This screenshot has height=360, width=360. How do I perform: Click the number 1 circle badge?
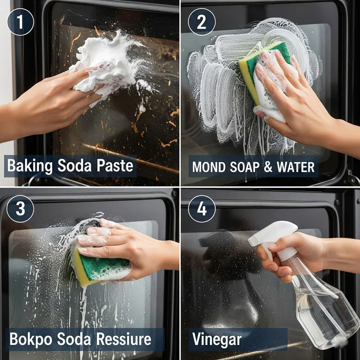(20, 22)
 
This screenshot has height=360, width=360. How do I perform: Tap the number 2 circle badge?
(202, 22)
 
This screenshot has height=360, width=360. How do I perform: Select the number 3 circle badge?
(20, 209)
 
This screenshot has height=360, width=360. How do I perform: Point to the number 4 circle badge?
(202, 209)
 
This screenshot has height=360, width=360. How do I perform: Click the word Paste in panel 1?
(115, 166)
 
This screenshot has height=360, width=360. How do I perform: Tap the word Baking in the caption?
(30, 166)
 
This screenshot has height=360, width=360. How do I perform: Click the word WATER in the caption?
(296, 167)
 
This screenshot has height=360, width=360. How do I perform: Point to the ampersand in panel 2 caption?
(268, 167)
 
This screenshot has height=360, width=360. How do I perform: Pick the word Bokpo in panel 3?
(31, 339)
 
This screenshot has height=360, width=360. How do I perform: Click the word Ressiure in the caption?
(124, 339)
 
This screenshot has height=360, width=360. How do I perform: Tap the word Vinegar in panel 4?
(217, 340)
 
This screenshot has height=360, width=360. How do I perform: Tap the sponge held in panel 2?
(264, 76)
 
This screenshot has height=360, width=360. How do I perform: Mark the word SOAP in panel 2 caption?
(245, 167)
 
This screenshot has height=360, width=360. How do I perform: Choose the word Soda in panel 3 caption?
(74, 339)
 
